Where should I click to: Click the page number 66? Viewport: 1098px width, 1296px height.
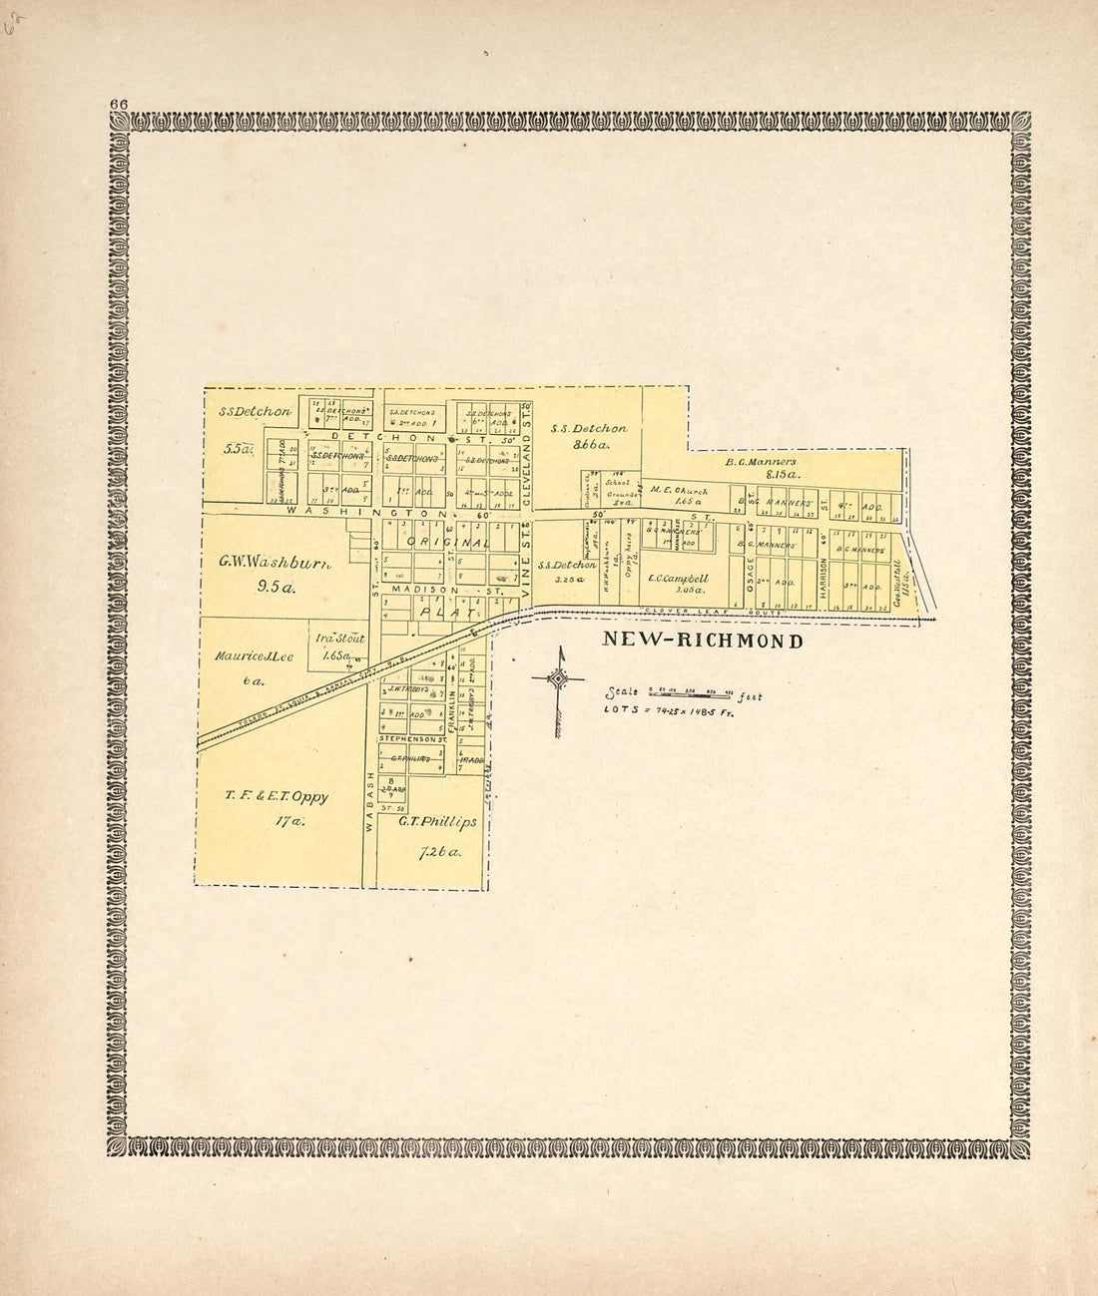coord(119,103)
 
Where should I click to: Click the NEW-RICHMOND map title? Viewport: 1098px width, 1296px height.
coord(702,642)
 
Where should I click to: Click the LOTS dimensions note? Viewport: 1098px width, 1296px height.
coord(668,710)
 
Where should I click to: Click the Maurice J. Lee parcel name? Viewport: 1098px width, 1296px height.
coord(252,656)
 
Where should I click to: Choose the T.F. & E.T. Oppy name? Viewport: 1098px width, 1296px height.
coord(276,796)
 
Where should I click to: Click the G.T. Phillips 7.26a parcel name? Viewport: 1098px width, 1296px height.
coord(436,822)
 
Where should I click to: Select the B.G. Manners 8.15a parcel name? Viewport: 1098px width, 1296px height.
coord(761,462)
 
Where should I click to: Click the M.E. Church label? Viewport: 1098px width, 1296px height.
coord(678,490)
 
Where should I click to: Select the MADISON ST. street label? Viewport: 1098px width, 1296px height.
coord(434,590)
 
